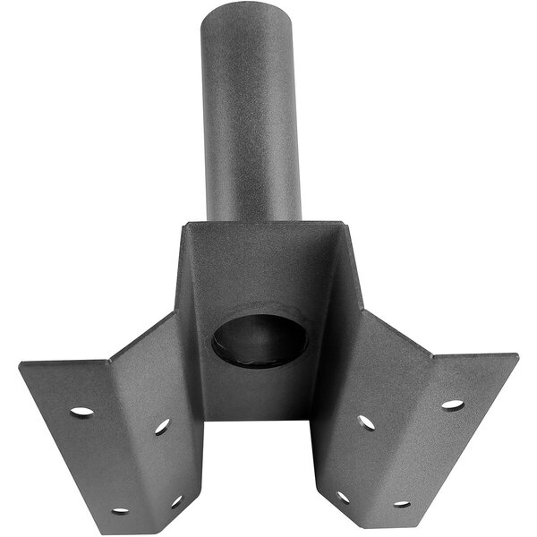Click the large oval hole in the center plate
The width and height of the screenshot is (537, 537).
[260, 341]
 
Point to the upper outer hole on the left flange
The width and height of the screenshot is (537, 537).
[81, 412]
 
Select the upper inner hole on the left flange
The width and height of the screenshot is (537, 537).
[162, 427]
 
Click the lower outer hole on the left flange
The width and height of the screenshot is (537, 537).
[119, 511]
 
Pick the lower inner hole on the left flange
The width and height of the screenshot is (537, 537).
[176, 501]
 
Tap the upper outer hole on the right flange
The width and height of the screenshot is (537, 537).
[452, 405]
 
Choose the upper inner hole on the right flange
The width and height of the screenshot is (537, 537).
[367, 422]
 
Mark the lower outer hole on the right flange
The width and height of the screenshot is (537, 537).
[402, 504]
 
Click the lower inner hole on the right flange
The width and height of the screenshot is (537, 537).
[343, 497]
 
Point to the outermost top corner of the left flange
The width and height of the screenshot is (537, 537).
[20, 363]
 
